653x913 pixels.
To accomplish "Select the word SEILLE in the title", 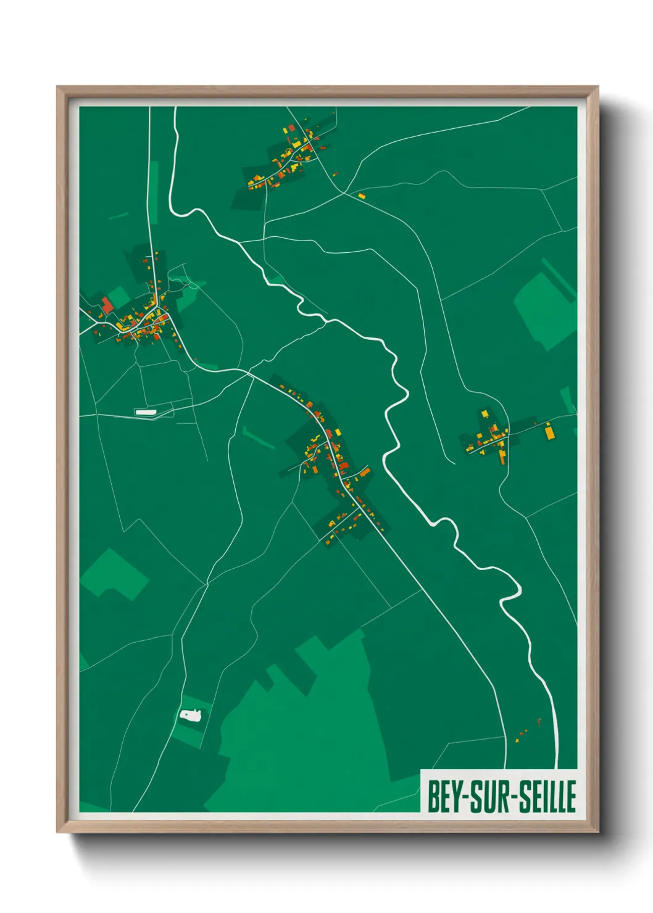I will pyautogui.click(x=547, y=797).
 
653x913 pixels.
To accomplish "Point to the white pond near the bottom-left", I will pyautogui.click(x=191, y=716).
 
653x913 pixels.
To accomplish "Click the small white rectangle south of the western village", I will pyautogui.click(x=146, y=411).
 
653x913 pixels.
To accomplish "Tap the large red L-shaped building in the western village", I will pyautogui.click(x=107, y=305).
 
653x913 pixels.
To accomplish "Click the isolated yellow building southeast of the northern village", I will pyautogui.click(x=362, y=196).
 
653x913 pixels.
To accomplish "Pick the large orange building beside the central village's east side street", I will pyautogui.click(x=365, y=473).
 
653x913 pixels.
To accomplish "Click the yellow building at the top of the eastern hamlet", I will pyautogui.click(x=485, y=413).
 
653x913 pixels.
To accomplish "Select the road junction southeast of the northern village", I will pyautogui.click(x=344, y=192).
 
